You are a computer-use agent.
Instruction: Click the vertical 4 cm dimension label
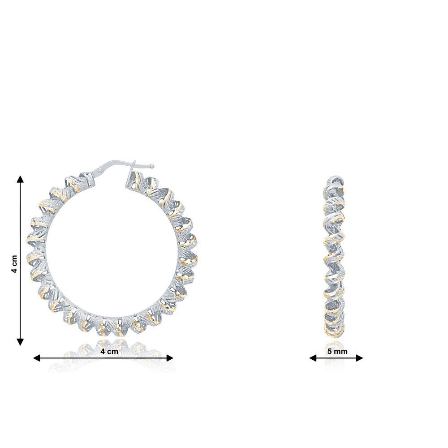15,263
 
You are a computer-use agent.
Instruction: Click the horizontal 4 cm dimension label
109,351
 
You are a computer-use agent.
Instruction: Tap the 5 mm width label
337,351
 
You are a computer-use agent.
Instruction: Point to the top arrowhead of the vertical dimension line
20,179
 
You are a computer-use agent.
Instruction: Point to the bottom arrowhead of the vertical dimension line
20,342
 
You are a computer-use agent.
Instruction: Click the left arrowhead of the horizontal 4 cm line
37,358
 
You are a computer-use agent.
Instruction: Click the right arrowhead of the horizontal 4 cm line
170,358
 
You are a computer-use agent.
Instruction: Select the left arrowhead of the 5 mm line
313,358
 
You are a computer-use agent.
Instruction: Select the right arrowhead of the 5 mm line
359,358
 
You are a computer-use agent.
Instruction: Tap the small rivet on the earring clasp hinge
100,172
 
